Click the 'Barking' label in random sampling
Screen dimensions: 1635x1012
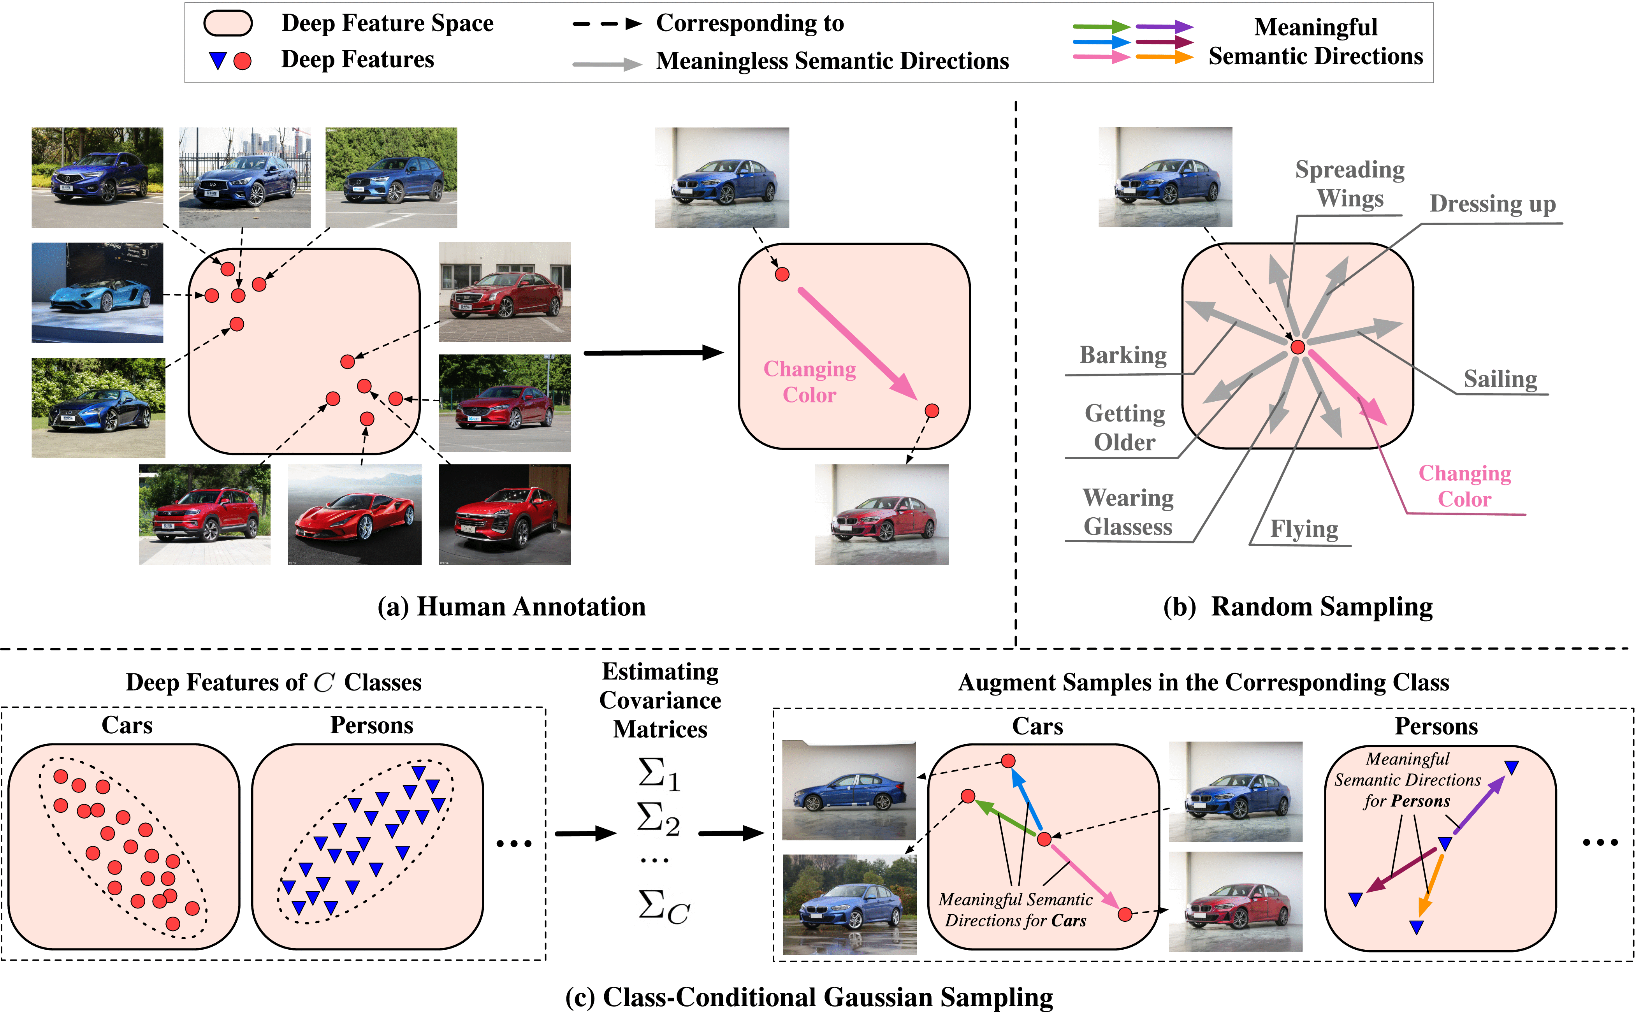tap(1123, 355)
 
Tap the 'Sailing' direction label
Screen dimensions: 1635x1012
tap(1500, 379)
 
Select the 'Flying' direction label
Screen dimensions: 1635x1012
tap(1304, 529)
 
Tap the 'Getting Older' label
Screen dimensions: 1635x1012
tap(1125, 428)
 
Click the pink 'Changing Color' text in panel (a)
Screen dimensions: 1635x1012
tap(810, 381)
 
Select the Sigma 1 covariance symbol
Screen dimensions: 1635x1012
tap(659, 775)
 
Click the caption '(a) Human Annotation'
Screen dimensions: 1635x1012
tap(511, 606)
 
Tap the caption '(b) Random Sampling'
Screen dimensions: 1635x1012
tap(1298, 606)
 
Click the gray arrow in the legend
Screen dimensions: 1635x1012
tap(607, 64)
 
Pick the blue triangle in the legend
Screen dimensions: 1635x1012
tap(218, 61)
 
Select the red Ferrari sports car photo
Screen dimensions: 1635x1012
tap(355, 515)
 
